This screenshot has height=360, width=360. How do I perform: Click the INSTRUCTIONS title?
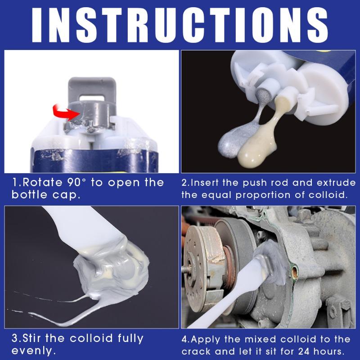click(180, 25)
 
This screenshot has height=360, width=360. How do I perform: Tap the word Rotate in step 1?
click(42, 183)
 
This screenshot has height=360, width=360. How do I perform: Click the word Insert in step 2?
click(205, 183)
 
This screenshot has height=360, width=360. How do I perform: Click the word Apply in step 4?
click(205, 340)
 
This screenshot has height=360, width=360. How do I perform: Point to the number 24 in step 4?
click(304, 351)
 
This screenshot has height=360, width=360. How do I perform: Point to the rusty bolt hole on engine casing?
click(294, 271)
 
